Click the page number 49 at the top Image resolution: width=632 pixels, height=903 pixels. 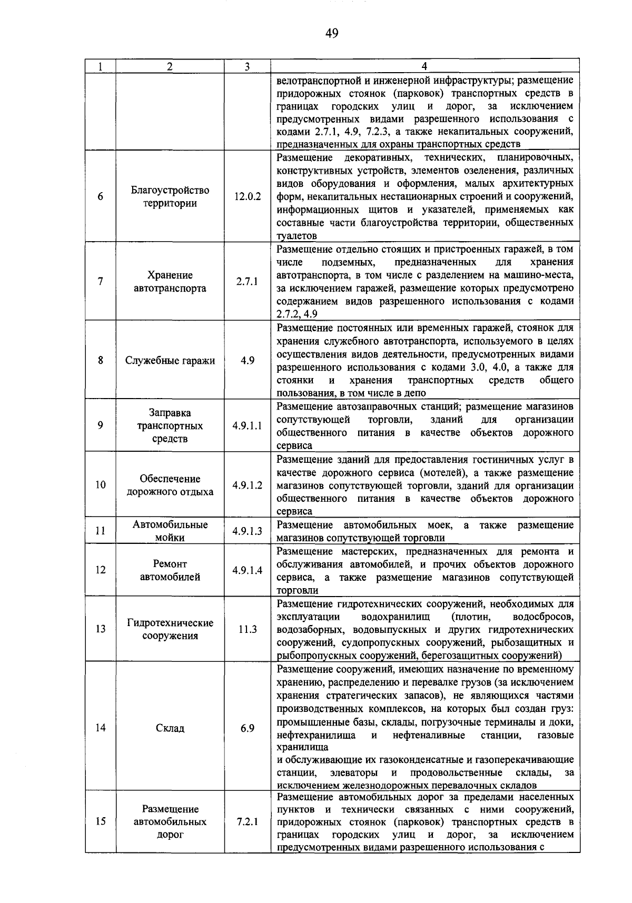(331, 34)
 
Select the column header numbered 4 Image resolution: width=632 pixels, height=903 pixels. (424, 66)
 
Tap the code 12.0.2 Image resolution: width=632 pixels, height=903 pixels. (248, 197)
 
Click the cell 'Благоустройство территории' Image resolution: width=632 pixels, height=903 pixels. (170, 197)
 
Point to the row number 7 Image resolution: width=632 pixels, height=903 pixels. (100, 281)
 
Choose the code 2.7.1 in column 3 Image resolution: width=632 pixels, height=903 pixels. (247, 281)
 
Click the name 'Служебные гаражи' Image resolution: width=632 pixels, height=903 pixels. (170, 361)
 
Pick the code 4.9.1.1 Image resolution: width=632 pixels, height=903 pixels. (248, 426)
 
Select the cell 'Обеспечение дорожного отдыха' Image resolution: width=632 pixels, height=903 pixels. (170, 485)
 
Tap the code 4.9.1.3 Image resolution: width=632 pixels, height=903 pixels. (248, 531)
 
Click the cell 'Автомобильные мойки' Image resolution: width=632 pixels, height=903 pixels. (170, 531)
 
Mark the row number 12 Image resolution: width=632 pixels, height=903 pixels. (100, 570)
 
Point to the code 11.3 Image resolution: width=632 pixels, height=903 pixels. (247, 629)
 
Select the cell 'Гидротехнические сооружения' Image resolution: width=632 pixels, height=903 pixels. (170, 629)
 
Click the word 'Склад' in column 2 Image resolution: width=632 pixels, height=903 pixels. (170, 728)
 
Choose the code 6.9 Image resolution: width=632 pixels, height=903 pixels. (247, 728)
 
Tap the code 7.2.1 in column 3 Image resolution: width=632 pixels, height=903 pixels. (247, 821)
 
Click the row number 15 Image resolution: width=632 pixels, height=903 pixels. (100, 821)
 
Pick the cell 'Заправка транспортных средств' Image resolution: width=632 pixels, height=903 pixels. (170, 426)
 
